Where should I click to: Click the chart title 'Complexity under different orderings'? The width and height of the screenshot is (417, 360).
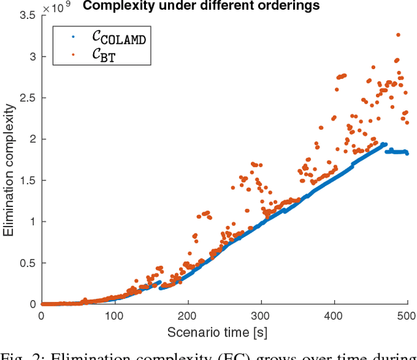201,7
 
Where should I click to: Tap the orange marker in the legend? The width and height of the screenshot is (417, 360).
72,55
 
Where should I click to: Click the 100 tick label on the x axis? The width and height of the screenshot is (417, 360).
115,316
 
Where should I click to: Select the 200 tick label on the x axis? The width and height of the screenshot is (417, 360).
188,316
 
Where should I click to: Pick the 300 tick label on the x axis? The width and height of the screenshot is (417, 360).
261,316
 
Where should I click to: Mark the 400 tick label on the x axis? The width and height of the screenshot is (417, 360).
334,316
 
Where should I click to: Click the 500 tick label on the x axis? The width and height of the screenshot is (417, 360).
405,316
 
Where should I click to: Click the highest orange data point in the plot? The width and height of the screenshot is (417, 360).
398,35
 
